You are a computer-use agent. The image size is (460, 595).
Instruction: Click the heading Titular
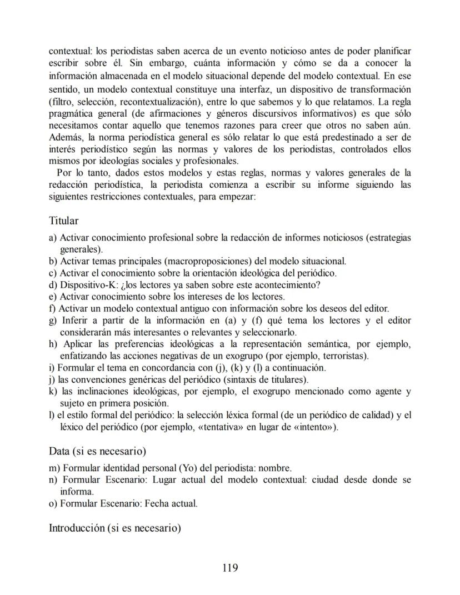tap(63, 221)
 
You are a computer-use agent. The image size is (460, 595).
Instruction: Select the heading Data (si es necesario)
tap(97, 451)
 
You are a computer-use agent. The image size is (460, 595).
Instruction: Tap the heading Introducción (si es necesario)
tap(115, 527)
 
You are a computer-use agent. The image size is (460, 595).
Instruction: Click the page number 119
tap(229, 567)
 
